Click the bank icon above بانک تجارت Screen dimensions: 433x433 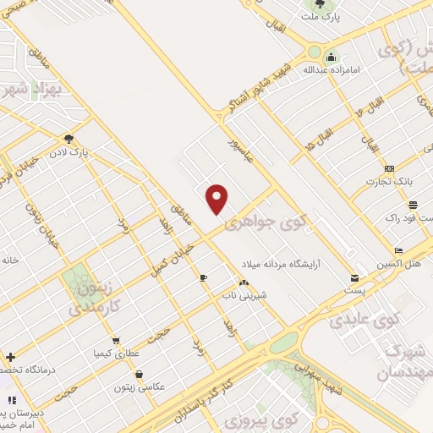pyautogui.click(x=388, y=168)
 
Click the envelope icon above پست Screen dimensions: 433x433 pyautogui.click(x=354, y=278)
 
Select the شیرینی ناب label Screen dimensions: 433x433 pyautogui.click(x=243, y=294)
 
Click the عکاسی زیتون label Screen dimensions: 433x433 pyautogui.click(x=140, y=387)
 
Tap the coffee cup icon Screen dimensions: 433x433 pyautogui.click(x=203, y=277)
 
